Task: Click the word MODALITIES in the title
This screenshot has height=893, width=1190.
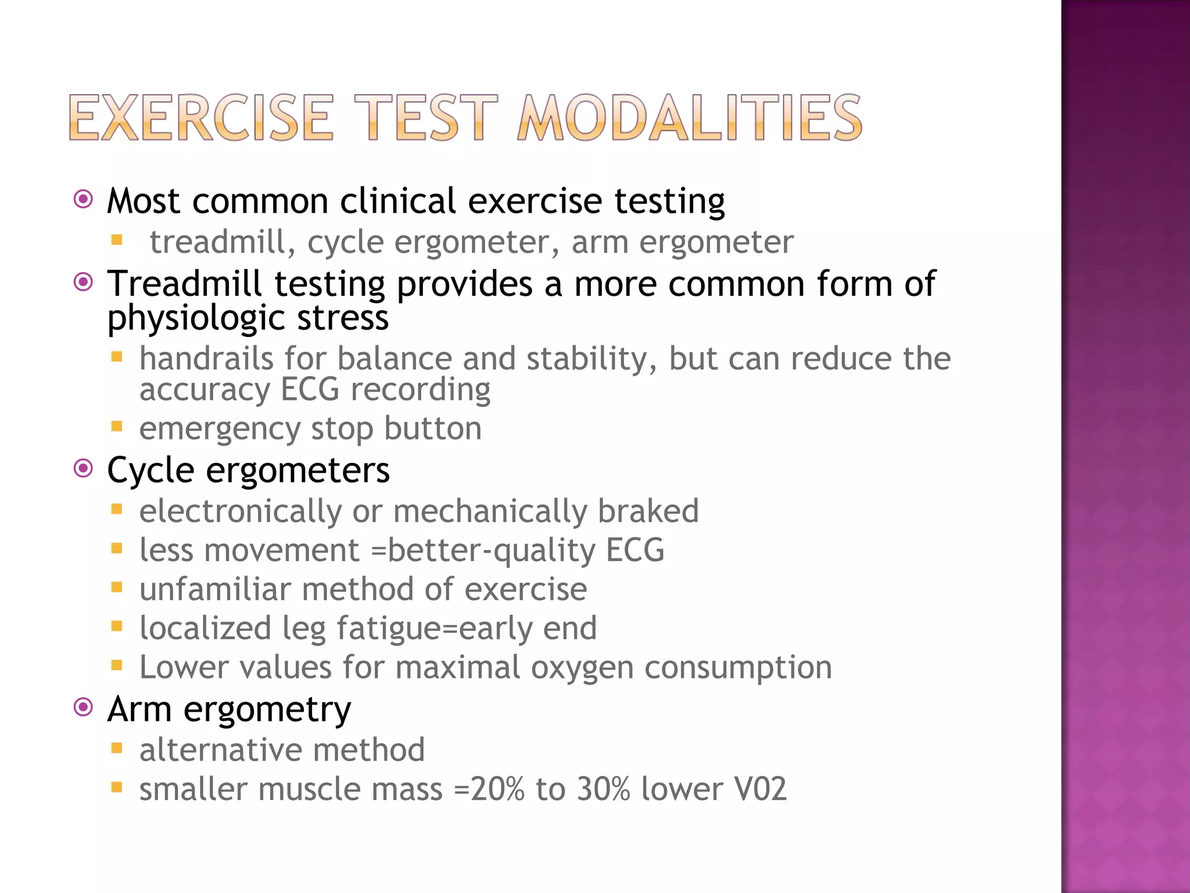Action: tap(689, 119)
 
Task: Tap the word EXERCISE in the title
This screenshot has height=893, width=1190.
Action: tap(201, 119)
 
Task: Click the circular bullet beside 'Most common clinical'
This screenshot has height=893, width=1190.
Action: tap(84, 200)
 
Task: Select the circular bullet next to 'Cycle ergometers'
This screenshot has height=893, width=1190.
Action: tap(84, 468)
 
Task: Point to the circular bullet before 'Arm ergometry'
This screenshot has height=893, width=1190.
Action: tap(84, 708)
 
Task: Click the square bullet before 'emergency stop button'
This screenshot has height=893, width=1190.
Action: tap(117, 427)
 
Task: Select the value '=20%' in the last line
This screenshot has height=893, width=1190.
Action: tap(489, 789)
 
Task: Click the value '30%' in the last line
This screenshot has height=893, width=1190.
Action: tap(604, 789)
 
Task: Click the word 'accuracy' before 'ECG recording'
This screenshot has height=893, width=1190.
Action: tap(205, 389)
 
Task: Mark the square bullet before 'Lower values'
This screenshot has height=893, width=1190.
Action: tap(117, 666)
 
